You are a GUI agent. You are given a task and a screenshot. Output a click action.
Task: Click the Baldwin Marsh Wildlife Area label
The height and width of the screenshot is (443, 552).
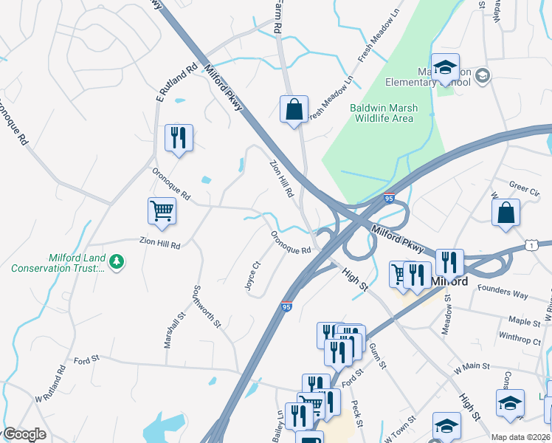[383, 113]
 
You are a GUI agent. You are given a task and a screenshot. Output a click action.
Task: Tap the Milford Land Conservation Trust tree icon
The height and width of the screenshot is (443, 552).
[117, 261]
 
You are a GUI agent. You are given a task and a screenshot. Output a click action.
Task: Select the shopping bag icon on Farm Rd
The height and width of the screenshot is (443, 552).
[294, 109]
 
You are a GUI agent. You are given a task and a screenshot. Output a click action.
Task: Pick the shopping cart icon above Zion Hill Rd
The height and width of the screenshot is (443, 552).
[162, 211]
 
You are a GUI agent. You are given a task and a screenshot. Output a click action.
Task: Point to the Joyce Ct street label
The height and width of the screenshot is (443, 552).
[252, 275]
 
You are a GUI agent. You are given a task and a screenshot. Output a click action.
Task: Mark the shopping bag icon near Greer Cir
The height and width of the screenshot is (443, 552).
[506, 213]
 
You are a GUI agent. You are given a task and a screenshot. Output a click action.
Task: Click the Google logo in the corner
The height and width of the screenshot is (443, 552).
[24, 435]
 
